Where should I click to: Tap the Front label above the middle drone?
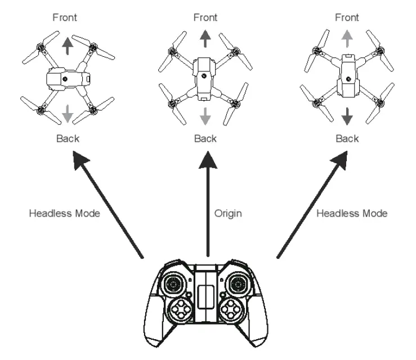(x=205, y=17)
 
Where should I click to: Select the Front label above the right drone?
(x=347, y=17)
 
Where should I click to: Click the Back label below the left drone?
(x=67, y=139)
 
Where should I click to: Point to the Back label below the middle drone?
(x=205, y=139)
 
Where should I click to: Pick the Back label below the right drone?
(x=347, y=139)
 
